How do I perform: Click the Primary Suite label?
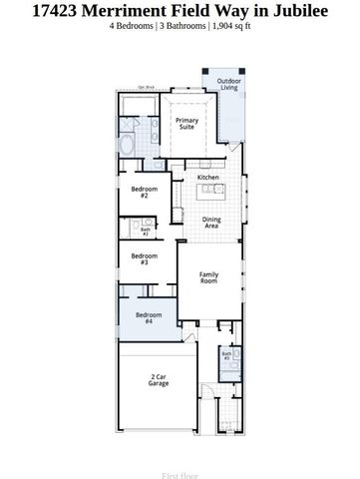pyautogui.click(x=186, y=124)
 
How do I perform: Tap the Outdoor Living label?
pyautogui.click(x=229, y=84)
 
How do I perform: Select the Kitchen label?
pyautogui.click(x=207, y=178)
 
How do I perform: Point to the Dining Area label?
pyautogui.click(x=211, y=223)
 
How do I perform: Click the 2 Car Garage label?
pyautogui.click(x=158, y=379)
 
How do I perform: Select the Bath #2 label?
pyautogui.click(x=145, y=232)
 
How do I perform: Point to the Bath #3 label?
pyautogui.click(x=226, y=354)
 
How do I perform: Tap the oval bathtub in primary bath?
pyautogui.click(x=125, y=144)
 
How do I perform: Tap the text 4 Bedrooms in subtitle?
pyautogui.click(x=134, y=26)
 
